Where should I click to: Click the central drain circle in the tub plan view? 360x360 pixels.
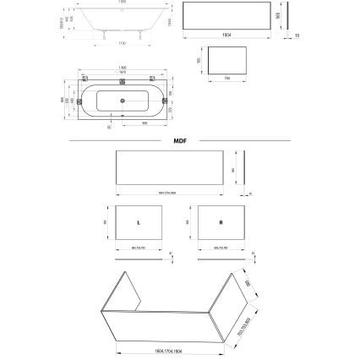124,101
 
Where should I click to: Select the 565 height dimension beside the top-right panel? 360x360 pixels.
276,17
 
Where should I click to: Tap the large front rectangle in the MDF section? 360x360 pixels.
168,167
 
